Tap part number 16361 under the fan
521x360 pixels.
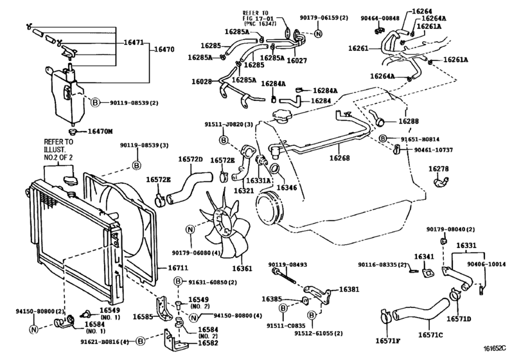[x=242, y=268]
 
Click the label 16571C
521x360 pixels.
[x=432, y=334]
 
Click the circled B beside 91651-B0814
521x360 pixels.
[x=383, y=138]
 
